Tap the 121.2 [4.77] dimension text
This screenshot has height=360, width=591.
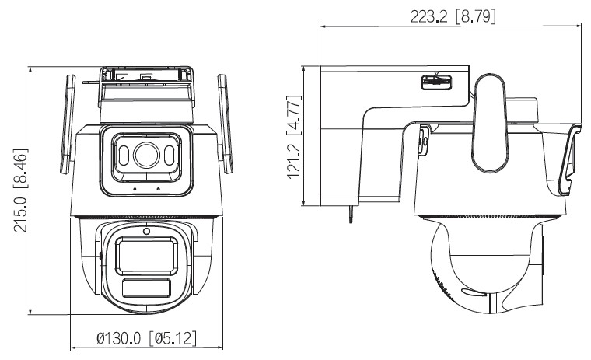coord(293,136)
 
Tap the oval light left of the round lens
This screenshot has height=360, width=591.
coord(122,156)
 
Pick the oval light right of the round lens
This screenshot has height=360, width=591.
coord(169,156)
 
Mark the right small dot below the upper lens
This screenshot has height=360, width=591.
coord(158,189)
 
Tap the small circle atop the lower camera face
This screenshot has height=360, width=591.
coord(145,230)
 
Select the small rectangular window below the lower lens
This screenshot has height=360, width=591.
coord(145,288)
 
